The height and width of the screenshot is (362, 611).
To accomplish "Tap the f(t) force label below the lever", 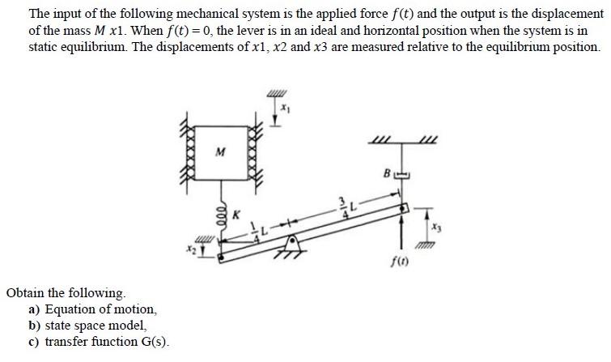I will click(x=400, y=262).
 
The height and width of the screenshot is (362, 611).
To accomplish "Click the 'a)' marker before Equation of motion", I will click(x=34, y=309).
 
